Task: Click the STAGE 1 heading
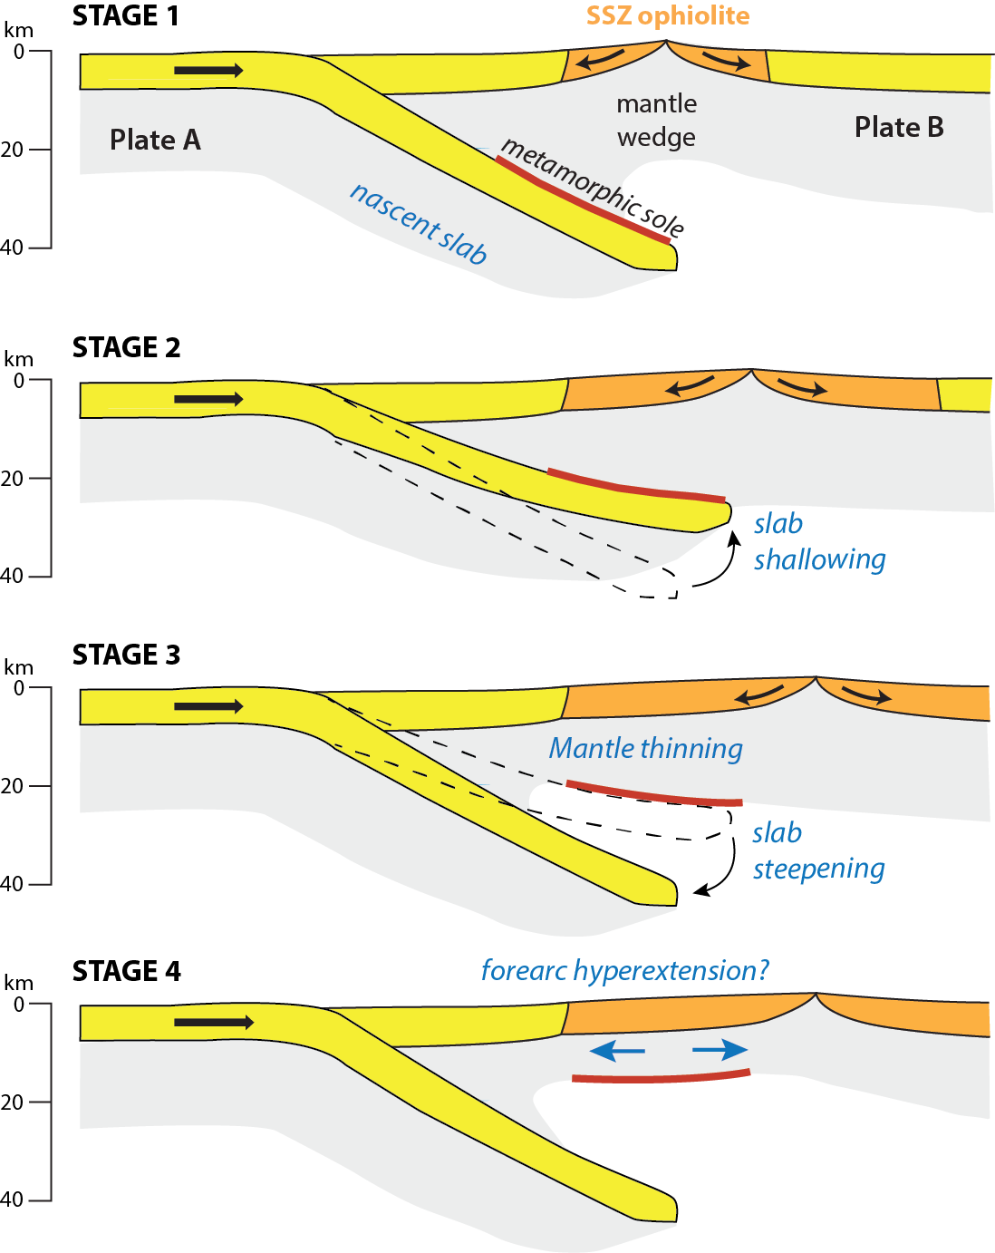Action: pyautogui.click(x=125, y=15)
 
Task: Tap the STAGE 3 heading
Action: pyautogui.click(x=126, y=655)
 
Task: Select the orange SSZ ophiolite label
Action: pyautogui.click(x=668, y=15)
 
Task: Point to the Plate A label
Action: pyautogui.click(x=155, y=140)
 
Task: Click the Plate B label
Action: pyautogui.click(x=899, y=127)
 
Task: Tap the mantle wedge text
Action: pyautogui.click(x=656, y=121)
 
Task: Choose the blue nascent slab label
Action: pyautogui.click(x=419, y=223)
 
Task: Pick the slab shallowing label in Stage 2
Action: pyautogui.click(x=819, y=541)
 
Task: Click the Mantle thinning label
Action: pyautogui.click(x=645, y=748)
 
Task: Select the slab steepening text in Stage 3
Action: pyautogui.click(x=818, y=850)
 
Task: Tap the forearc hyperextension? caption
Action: pyautogui.click(x=624, y=970)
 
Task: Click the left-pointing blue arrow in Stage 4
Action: pyautogui.click(x=617, y=1051)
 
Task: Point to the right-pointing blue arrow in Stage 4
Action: pyautogui.click(x=720, y=1050)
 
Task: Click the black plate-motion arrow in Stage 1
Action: pyautogui.click(x=208, y=70)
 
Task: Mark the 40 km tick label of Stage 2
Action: pyautogui.click(x=13, y=575)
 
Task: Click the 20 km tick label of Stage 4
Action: pyautogui.click(x=13, y=1102)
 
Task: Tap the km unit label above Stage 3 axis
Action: pyautogui.click(x=18, y=667)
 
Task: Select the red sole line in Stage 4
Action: pyautogui.click(x=661, y=1077)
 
